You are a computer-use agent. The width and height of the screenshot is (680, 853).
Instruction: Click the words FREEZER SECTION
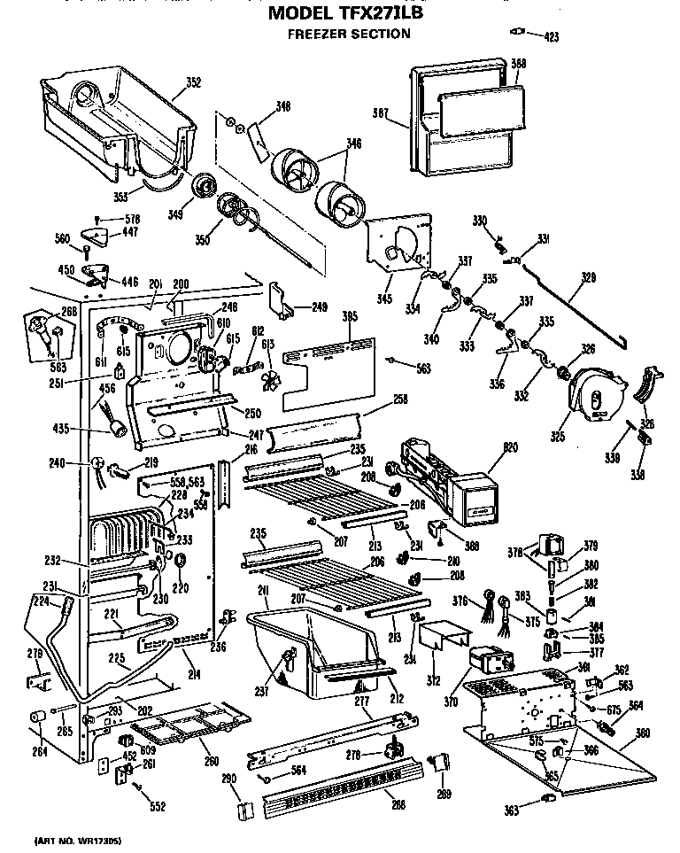(x=349, y=35)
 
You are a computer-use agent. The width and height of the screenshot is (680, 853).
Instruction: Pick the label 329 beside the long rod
(x=588, y=277)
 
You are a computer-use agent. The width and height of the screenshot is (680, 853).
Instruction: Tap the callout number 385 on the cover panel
(x=352, y=316)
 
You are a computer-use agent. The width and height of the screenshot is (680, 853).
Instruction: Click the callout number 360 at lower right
(x=643, y=733)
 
